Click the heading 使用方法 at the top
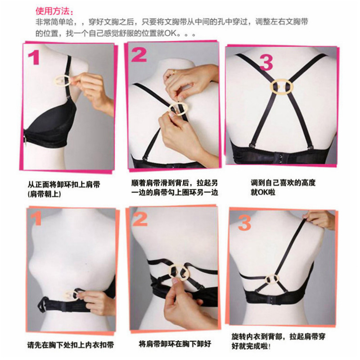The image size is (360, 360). coord(54,10)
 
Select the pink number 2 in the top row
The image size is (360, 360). coord(139,55)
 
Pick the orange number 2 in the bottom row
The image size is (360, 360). coord(140,219)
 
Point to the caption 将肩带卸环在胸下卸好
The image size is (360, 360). coord(175,343)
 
